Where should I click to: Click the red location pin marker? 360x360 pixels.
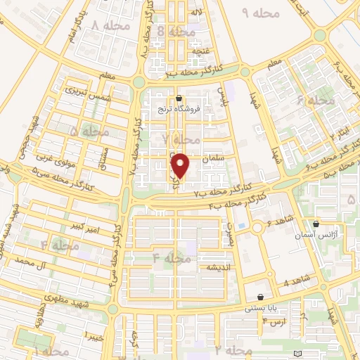point(181,165)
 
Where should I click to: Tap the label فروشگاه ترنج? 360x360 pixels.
point(179,109)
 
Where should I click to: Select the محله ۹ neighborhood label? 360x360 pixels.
point(261,13)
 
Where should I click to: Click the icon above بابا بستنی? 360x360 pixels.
point(262,297)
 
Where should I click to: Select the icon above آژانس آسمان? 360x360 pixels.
point(316,223)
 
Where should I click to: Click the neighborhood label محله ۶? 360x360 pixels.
point(316,101)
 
